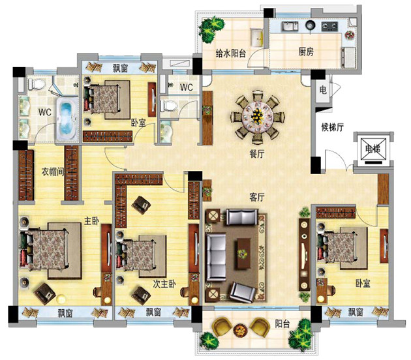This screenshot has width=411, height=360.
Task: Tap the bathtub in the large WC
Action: [67, 119]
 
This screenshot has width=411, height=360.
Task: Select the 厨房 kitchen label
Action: [306, 52]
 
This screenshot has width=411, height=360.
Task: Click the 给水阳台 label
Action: [231, 53]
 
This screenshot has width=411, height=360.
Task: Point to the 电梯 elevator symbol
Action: [373, 149]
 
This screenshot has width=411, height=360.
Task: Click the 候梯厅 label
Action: [332, 127]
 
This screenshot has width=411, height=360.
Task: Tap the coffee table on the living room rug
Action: [243, 253]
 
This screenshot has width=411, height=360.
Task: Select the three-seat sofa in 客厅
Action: [216, 257]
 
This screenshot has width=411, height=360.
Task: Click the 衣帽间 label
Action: [53, 172]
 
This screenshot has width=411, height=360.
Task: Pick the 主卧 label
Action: [91, 220]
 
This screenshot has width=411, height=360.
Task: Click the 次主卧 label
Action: [164, 284]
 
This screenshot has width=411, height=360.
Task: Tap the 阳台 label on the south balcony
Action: [282, 324]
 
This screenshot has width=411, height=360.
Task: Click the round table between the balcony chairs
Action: [239, 329]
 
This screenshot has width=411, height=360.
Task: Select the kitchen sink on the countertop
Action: [290, 26]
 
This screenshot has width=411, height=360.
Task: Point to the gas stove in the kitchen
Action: [329, 26]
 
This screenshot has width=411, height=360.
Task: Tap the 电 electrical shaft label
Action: [323, 89]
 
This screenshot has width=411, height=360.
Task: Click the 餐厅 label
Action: [257, 154]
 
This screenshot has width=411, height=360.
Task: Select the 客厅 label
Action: [257, 197]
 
